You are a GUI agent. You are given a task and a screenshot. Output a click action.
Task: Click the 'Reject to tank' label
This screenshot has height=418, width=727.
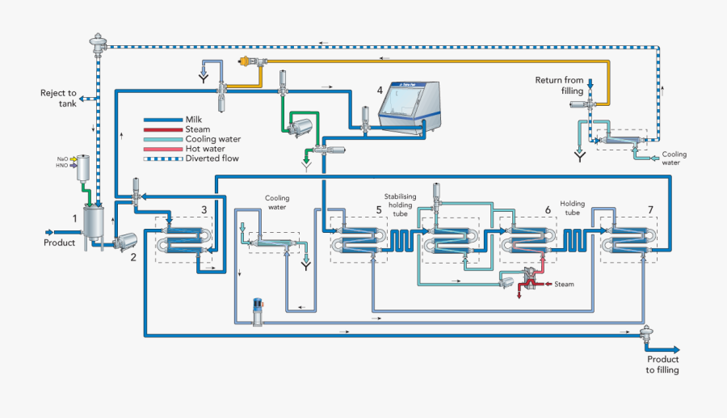click(x=58, y=98)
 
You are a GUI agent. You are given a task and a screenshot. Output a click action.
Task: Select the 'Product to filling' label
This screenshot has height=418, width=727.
click(x=662, y=365)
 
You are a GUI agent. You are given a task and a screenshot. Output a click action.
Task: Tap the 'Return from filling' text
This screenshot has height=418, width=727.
click(x=560, y=85)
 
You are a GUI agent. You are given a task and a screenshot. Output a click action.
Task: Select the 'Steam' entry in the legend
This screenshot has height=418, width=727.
click(x=198, y=129)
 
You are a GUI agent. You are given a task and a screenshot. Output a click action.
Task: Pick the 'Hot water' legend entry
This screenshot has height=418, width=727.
click(x=205, y=149)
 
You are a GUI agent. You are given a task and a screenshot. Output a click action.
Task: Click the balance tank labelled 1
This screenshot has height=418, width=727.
click(x=95, y=222)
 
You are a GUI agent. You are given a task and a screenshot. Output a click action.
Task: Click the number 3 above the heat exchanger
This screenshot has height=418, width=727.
click(x=204, y=210)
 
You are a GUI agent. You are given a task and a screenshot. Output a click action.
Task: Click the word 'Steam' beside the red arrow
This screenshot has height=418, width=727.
click(x=565, y=285)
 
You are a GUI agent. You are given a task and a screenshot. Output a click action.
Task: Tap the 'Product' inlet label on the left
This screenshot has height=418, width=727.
click(x=59, y=243)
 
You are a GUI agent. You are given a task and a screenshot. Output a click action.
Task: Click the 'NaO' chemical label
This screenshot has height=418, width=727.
click(x=62, y=158)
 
